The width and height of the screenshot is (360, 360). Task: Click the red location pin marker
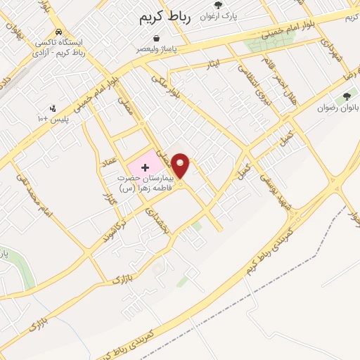(181, 166)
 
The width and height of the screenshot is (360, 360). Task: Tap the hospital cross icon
(145, 167)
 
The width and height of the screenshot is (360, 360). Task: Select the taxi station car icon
(60, 32)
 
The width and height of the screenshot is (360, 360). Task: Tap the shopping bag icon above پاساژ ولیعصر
(156, 39)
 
